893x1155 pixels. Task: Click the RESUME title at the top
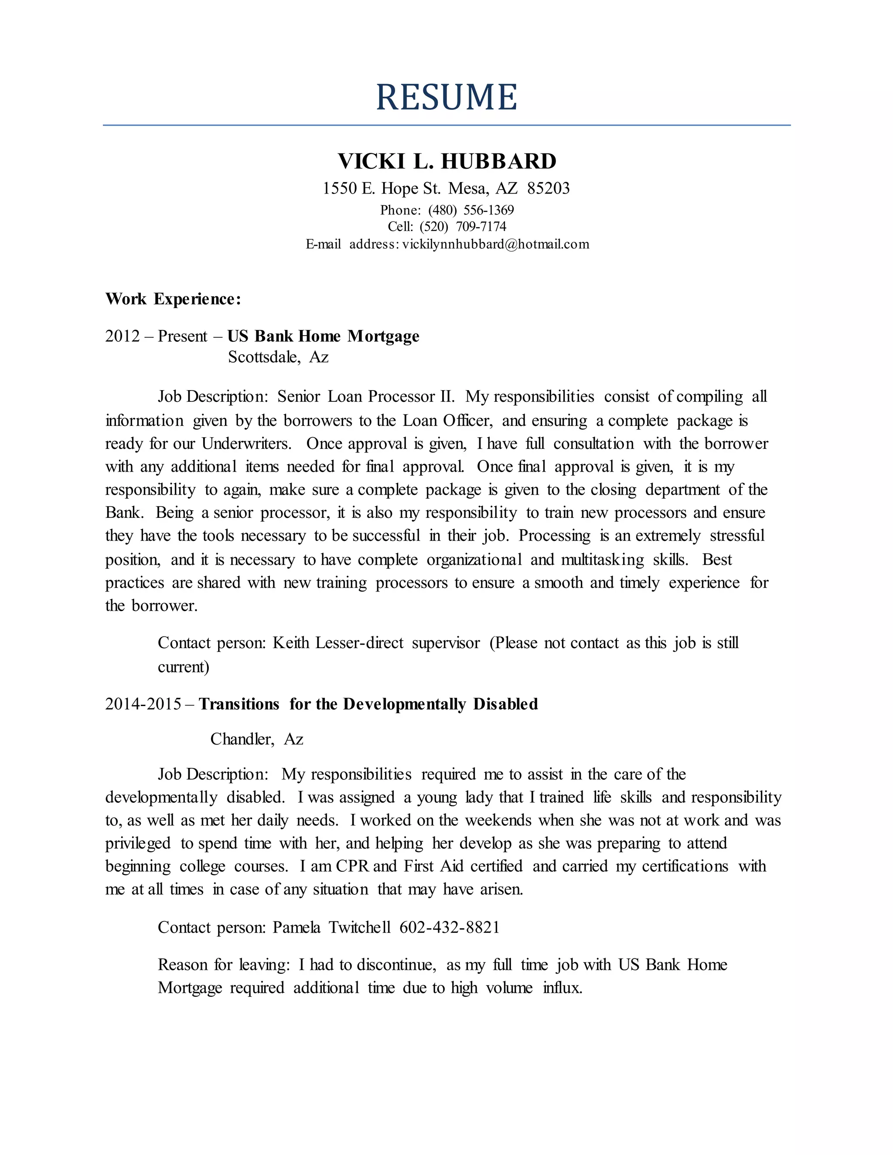[446, 97]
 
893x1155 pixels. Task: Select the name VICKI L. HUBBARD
[446, 161]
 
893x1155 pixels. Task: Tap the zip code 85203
[548, 188]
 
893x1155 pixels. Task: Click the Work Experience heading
[173, 299]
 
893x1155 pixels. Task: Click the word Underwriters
[246, 443]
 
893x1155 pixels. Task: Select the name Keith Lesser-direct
[337, 642]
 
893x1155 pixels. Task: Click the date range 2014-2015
[143, 704]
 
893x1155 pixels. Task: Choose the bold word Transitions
[239, 704]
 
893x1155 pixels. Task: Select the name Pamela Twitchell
[331, 927]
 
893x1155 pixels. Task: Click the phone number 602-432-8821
[449, 927]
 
